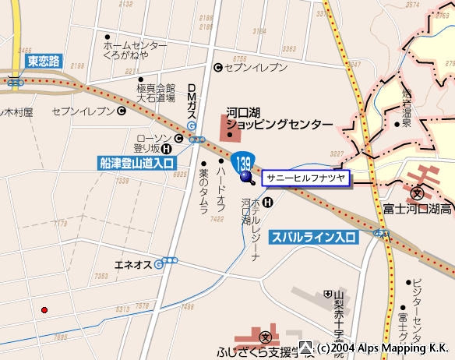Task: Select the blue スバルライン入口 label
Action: click(312, 236)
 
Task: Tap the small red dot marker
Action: click(44, 310)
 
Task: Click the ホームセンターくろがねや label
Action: click(135, 51)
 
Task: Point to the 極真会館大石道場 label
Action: click(156, 94)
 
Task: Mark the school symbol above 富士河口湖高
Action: click(418, 192)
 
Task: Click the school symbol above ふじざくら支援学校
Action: click(266, 337)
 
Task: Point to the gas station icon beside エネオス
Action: click(159, 265)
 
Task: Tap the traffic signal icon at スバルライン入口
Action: click(381, 233)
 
